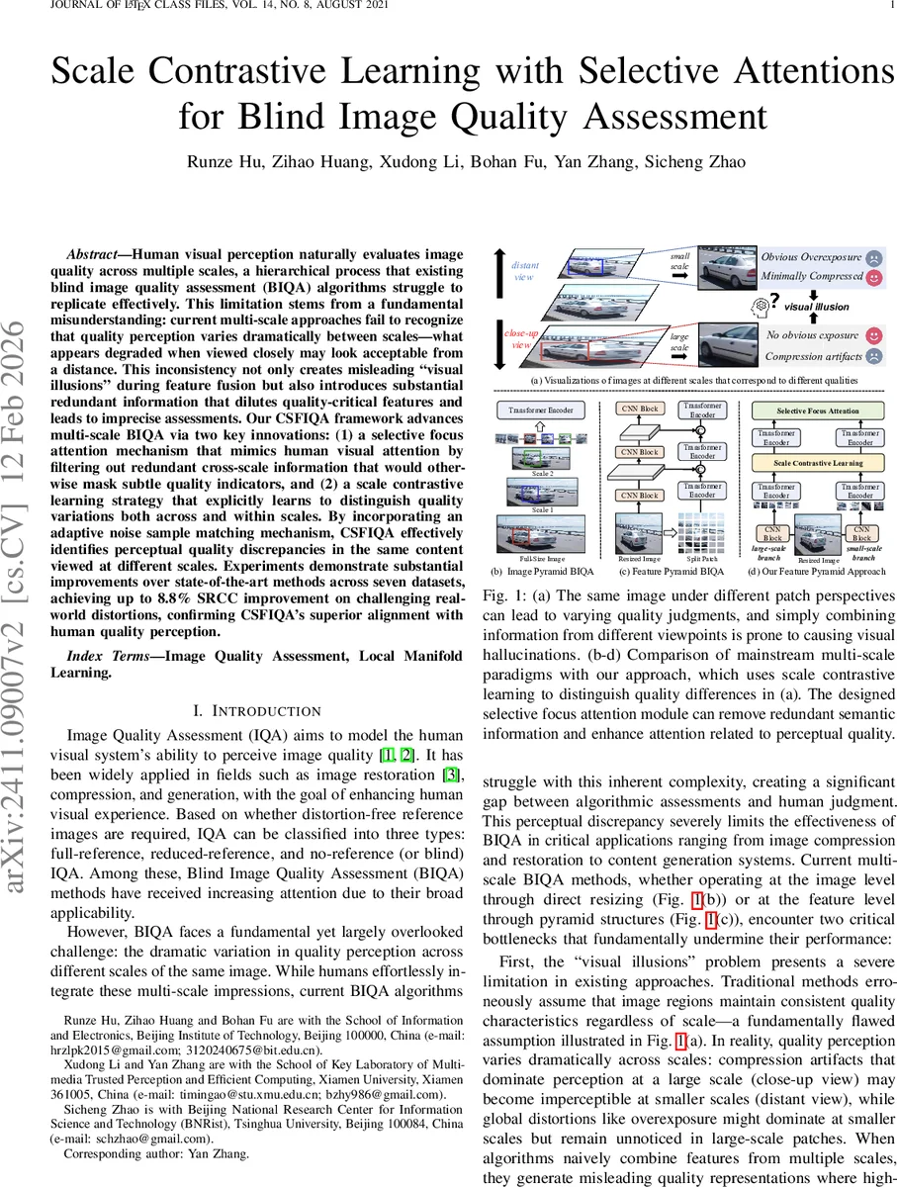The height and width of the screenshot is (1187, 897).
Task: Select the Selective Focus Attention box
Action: [817, 410]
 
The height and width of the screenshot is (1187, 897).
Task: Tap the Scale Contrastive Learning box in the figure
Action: [817, 462]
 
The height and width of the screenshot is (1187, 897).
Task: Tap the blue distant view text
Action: [525, 271]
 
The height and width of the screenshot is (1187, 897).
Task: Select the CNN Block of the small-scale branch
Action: [862, 534]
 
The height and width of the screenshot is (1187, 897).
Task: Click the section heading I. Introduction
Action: [256, 710]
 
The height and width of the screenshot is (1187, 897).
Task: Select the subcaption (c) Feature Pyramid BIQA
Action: [672, 572]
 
